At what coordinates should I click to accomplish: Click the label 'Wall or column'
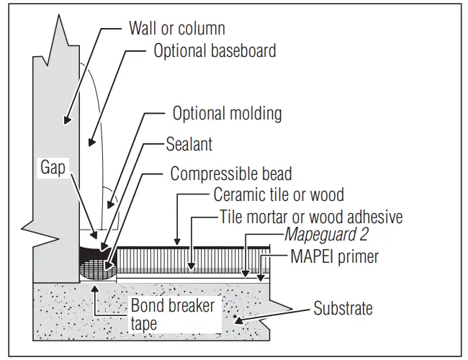pos(176,29)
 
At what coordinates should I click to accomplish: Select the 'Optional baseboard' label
pos(215,52)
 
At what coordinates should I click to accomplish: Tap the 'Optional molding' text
pos(227,114)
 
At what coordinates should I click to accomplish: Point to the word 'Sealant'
pos(190,145)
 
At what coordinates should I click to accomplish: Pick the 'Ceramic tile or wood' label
pos(279,194)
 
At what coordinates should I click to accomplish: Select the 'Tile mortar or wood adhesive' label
pos(310,217)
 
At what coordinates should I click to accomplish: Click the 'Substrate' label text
pos(343,309)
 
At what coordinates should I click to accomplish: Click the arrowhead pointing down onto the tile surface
pos(176,242)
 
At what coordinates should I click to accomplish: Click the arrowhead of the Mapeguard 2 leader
pos(245,274)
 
